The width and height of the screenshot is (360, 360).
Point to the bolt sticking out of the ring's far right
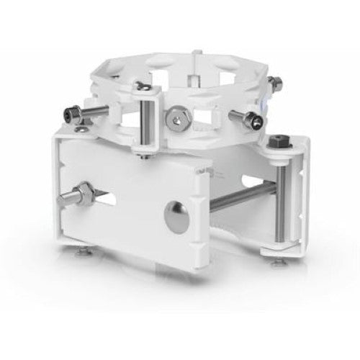(x=274, y=84)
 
